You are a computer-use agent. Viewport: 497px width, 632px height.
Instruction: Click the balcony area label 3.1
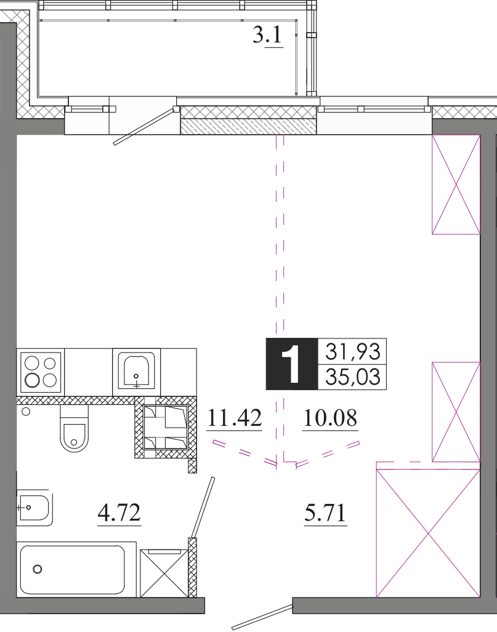point(268,36)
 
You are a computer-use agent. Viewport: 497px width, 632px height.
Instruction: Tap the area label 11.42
point(235,418)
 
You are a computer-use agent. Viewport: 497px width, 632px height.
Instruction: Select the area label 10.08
point(330,418)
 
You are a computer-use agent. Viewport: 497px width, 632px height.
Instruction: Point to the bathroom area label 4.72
point(119,512)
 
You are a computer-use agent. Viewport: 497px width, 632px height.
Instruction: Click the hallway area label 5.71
point(325,513)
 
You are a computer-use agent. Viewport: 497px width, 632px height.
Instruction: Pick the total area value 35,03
point(352,377)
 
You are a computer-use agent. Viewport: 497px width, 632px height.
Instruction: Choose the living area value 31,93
point(352,351)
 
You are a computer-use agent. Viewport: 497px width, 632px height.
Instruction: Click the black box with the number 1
point(292,364)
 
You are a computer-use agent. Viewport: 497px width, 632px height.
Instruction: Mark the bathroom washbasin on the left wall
point(34,508)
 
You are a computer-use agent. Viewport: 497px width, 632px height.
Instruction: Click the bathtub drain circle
point(38,569)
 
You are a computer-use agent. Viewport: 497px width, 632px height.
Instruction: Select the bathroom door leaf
point(203,508)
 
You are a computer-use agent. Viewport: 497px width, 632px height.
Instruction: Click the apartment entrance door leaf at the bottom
point(262,617)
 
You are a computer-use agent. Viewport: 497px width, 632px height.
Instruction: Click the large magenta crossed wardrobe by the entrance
point(428,534)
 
